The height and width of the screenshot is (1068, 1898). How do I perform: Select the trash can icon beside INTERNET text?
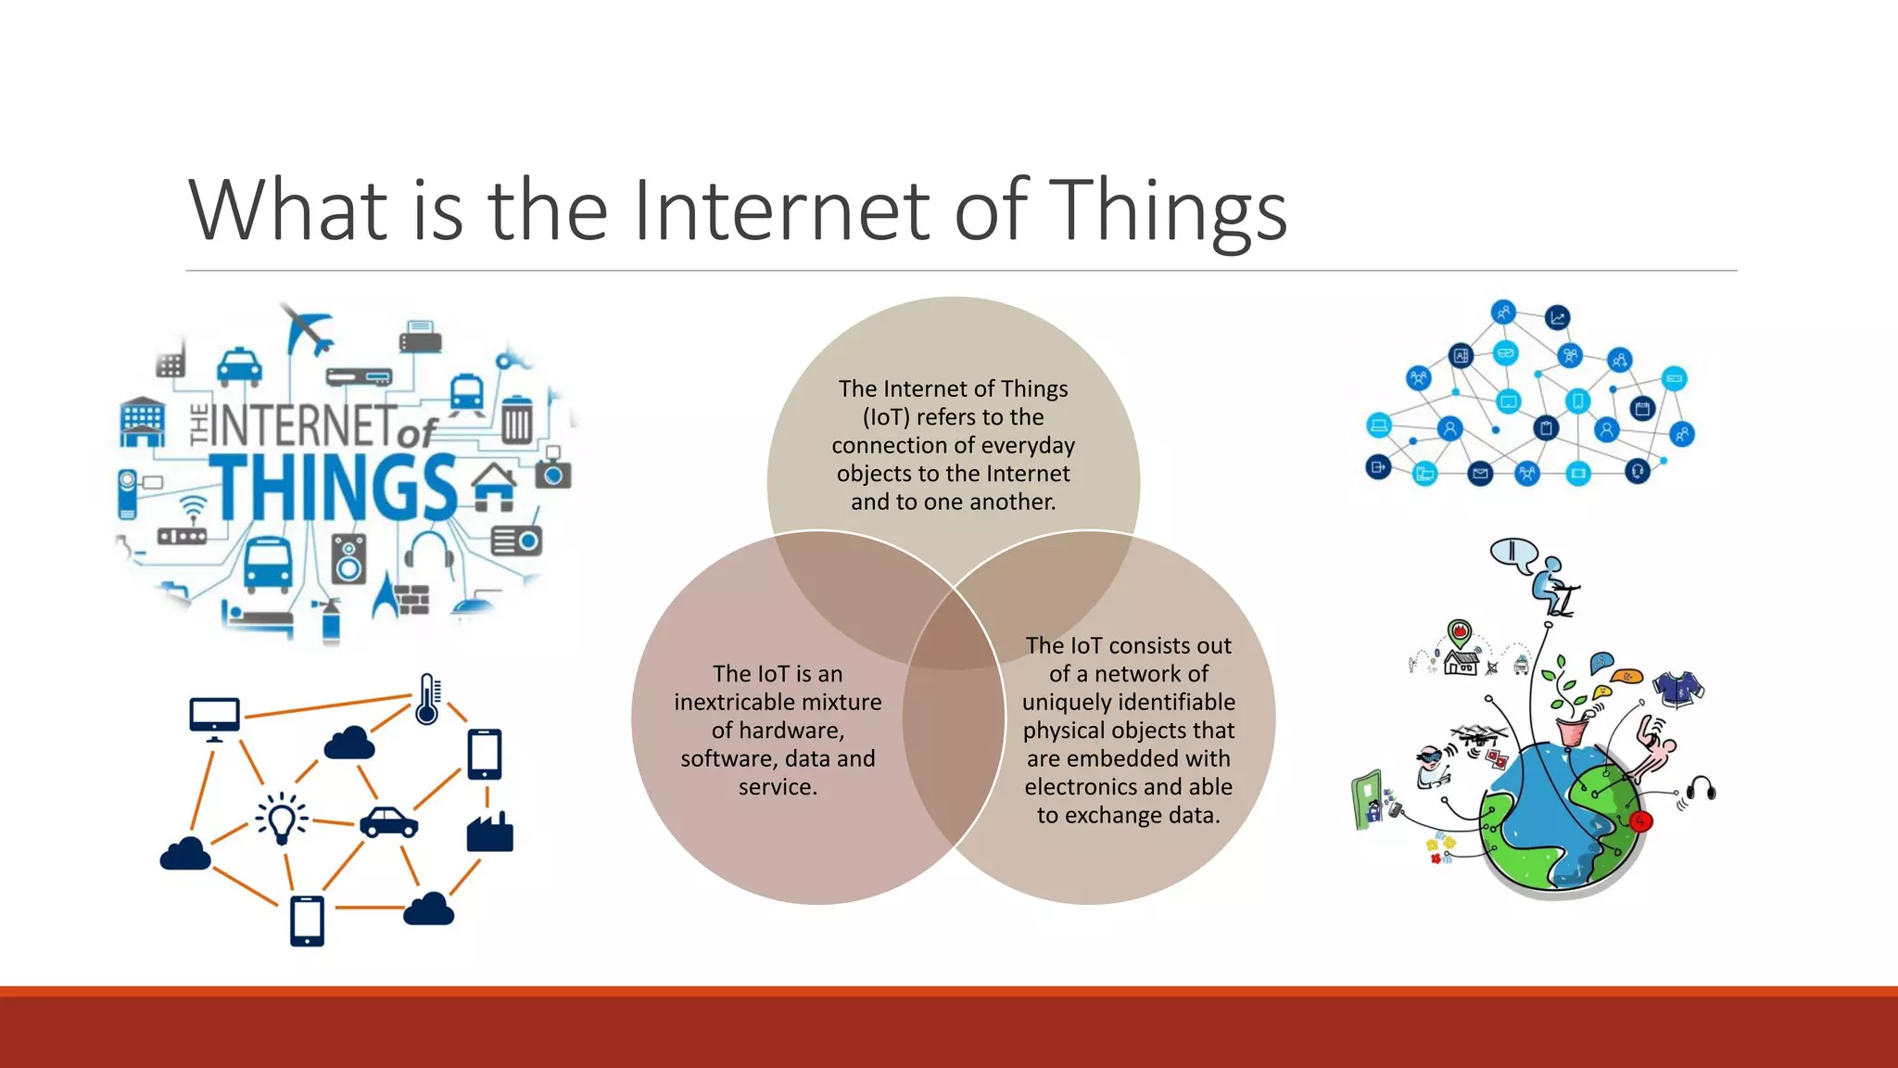pos(517,419)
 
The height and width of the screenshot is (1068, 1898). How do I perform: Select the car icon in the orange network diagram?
pos(388,821)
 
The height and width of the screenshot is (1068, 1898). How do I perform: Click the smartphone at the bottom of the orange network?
pos(307,921)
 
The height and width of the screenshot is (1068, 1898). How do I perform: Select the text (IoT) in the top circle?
pos(889,417)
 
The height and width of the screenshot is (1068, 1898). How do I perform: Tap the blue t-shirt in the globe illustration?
pos(1678,690)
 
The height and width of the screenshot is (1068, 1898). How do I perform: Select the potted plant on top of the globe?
pos(1572,714)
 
